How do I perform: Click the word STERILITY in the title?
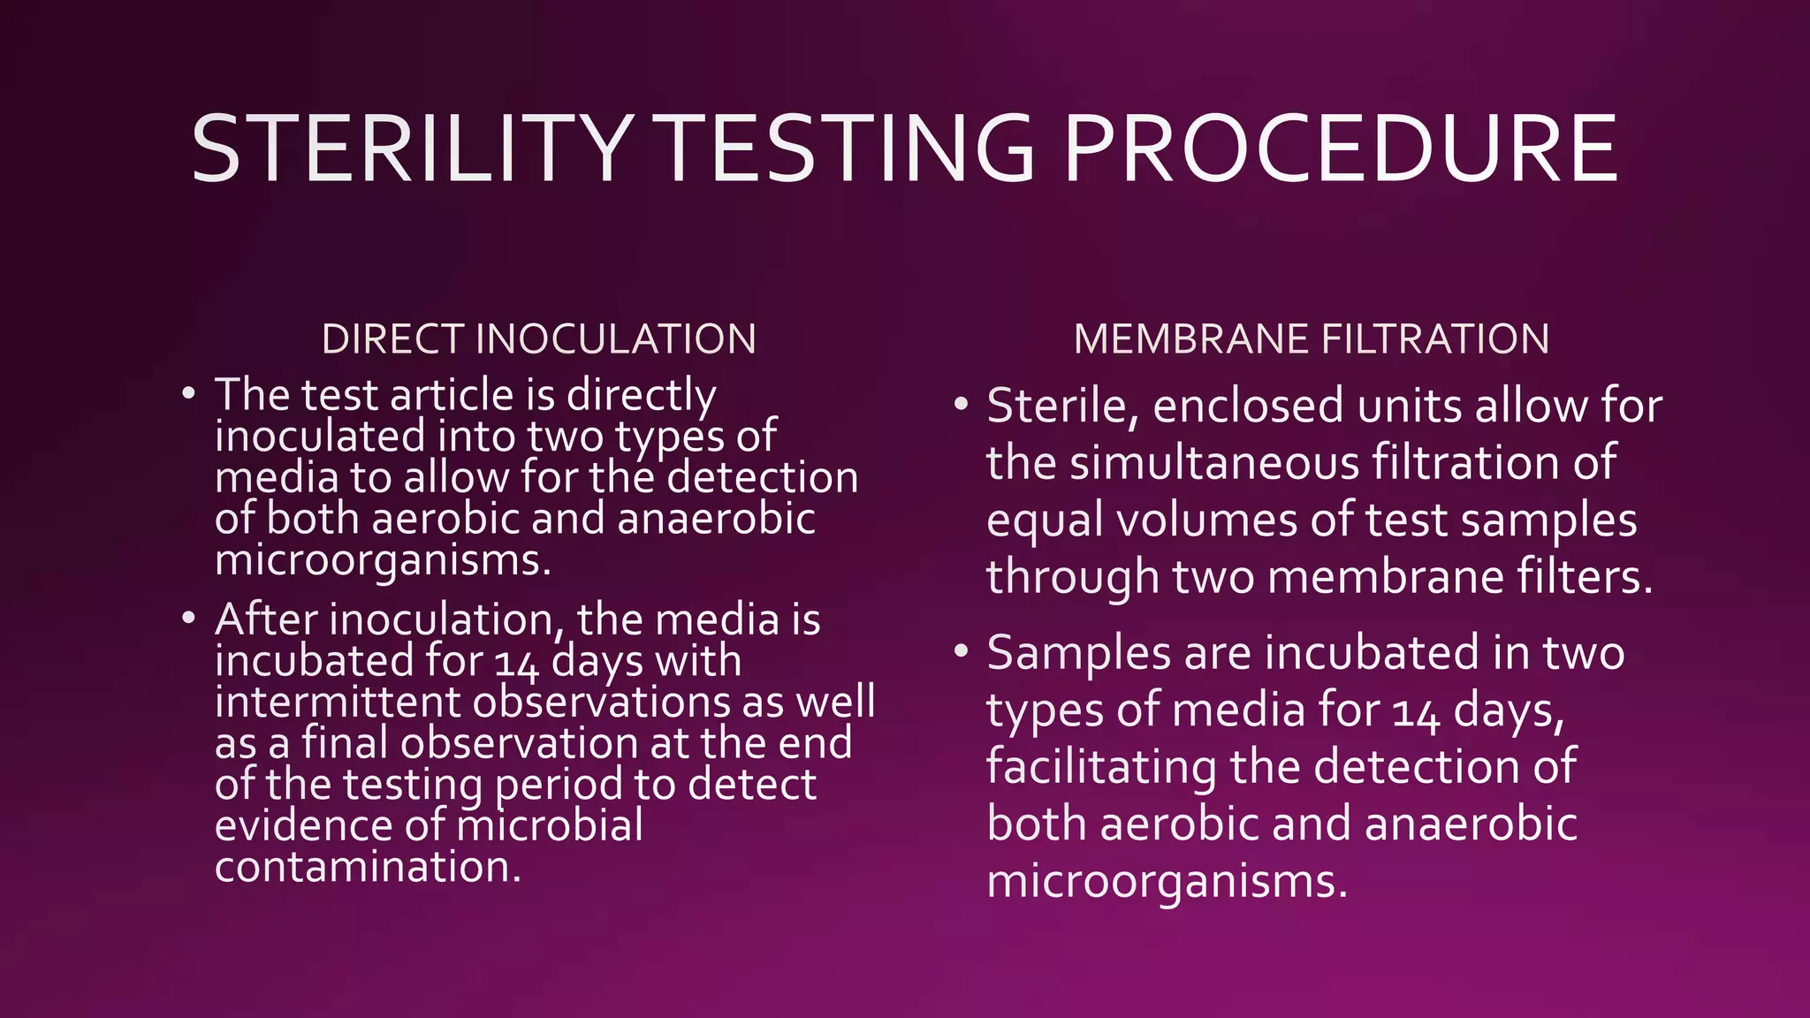[411, 149]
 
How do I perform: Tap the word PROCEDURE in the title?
[1341, 149]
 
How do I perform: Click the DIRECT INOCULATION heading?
[538, 339]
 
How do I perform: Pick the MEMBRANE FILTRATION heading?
[1311, 339]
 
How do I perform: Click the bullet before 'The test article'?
[187, 392]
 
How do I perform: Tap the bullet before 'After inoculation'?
[187, 618]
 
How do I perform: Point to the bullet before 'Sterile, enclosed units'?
[961, 405]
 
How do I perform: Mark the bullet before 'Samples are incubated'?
[961, 652]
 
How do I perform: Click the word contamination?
[368, 867]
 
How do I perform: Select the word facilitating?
[1100, 767]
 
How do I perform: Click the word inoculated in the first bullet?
[319, 436]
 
